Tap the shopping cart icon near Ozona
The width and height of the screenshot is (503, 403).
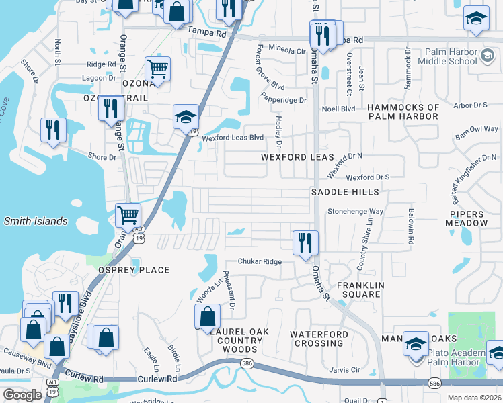tap(157, 68)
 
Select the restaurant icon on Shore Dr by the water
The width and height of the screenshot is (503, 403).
tap(53, 130)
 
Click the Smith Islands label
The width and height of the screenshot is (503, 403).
tap(36, 221)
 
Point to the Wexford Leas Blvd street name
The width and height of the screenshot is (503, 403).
tap(235, 138)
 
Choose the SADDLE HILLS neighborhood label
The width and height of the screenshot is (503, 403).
tap(345, 192)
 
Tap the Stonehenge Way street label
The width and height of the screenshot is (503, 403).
tap(355, 211)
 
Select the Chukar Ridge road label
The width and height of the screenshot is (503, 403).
tap(259, 262)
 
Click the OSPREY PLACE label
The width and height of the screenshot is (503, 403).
tap(135, 270)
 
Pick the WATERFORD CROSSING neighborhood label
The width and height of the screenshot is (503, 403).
tap(319, 339)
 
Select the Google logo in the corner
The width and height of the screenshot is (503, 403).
tap(22, 395)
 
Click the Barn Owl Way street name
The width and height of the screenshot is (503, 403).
tap(477, 129)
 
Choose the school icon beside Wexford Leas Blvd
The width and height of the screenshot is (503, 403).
tap(186, 117)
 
